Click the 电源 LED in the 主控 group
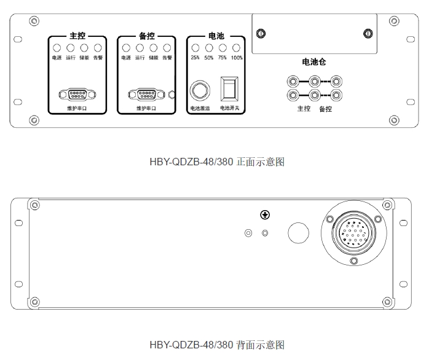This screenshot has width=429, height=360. tap(57, 48)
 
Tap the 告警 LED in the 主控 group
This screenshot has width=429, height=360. tap(98, 48)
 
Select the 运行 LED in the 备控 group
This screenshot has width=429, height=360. tap(140, 48)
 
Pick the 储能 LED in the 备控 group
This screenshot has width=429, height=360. tap(154, 48)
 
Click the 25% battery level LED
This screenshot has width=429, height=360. tap(195, 48)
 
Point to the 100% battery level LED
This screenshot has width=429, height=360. tap(236, 48)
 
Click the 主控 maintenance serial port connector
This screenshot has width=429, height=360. tap(77, 95)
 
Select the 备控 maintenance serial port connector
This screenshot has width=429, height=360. tap(147, 95)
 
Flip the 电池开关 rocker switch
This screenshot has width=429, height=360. tap(229, 89)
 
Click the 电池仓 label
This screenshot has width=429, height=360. tap(314, 62)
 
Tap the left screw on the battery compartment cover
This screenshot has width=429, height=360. tap(261, 33)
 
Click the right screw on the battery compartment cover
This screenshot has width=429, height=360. tap(368, 33)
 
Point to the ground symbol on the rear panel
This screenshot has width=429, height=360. tap(265, 215)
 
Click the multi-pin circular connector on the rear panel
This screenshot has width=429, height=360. tap(354, 233)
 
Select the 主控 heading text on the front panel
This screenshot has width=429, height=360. tap(77, 36)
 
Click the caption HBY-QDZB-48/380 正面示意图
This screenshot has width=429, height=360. tap(217, 162)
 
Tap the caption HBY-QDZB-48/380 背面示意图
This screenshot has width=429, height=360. tap(217, 345)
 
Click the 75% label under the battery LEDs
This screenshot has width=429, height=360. tap(222, 58)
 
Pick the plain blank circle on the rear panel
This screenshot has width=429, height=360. tap(298, 233)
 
